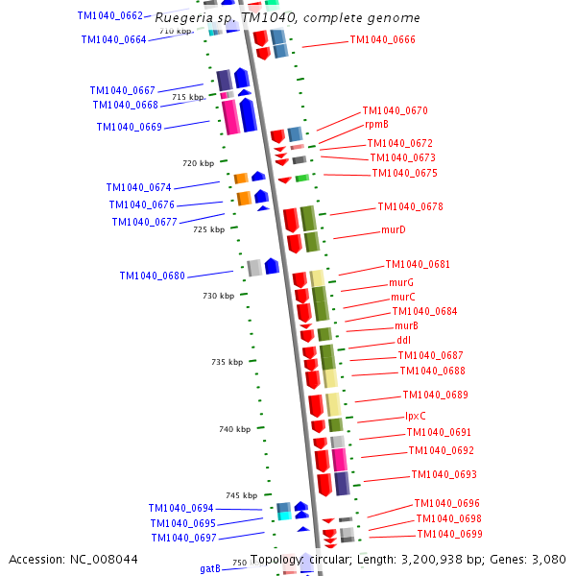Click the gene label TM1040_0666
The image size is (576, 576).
pyautogui.click(x=382, y=40)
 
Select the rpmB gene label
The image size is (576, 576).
pyautogui.click(x=376, y=125)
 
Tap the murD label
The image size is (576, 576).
pyautogui.click(x=393, y=230)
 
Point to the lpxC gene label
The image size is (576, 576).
pyautogui.click(x=415, y=417)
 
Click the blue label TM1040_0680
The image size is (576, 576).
pyautogui.click(x=152, y=276)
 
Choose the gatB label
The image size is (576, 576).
pyautogui.click(x=209, y=568)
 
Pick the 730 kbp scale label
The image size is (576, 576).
pyautogui.click(x=218, y=296)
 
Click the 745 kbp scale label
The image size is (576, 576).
pyautogui.click(x=241, y=495)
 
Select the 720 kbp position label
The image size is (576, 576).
pyautogui.click(x=198, y=163)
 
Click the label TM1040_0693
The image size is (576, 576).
pyautogui.click(x=444, y=475)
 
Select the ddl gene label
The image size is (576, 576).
pyautogui.click(x=403, y=341)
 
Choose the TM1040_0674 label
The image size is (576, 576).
pyautogui.click(x=138, y=188)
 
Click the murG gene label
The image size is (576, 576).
pyautogui.click(x=400, y=283)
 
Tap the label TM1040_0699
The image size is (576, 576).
pyautogui.click(x=449, y=535)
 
